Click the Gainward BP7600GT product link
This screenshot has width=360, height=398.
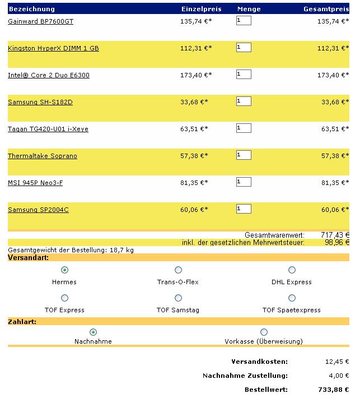coord(40,21)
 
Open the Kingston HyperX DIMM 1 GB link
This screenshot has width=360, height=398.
coord(53,48)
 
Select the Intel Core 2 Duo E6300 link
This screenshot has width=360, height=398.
coord(49,75)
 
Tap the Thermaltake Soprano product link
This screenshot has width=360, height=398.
coord(43,156)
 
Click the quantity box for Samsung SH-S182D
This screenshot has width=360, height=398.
coord(244,101)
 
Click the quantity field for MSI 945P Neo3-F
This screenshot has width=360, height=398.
coord(244,182)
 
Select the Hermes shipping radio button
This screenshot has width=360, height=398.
coord(64,270)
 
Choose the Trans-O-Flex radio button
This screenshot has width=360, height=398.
coord(179,270)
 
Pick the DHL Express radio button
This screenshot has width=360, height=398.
coord(292,270)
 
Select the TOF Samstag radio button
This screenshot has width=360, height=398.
coord(179,298)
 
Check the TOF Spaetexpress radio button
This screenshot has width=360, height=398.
coord(292,298)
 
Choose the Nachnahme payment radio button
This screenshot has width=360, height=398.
coord(93,332)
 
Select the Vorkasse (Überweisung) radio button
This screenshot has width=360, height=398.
coord(264,332)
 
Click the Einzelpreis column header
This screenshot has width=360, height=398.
coord(202,9)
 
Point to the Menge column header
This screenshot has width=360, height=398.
coord(249,9)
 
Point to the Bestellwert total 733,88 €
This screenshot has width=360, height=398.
coord(334,389)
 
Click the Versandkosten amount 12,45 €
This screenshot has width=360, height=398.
coord(336,362)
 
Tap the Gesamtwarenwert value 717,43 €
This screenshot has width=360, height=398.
coord(335,235)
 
